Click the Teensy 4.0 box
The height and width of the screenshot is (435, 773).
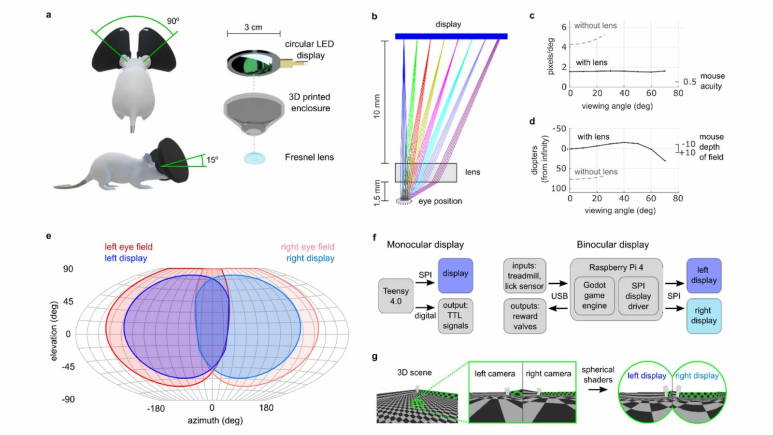click(396, 296)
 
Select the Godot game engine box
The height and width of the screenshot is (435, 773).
click(594, 295)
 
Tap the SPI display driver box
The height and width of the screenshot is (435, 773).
click(638, 296)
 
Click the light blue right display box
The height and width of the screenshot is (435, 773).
click(703, 316)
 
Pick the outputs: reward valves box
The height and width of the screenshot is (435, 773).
click(525, 316)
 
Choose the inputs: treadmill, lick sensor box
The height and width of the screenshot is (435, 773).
click(524, 275)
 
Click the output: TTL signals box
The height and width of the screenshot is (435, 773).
click(455, 316)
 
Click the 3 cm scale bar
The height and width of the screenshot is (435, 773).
click(254, 33)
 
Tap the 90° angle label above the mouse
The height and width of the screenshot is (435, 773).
click(173, 21)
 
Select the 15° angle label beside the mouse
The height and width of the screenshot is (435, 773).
click(212, 159)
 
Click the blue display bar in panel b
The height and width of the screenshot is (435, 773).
click(451, 36)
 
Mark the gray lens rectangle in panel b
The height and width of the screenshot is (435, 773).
click(426, 173)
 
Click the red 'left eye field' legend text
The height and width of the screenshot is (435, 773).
click(129, 246)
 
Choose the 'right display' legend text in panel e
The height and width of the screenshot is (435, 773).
click(310, 258)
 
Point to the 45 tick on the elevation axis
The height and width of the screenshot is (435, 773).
click(68, 301)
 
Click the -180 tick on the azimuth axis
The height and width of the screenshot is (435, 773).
click(156, 408)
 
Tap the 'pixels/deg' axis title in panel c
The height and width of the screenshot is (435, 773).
click(550, 57)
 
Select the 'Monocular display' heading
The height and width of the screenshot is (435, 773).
click(425, 245)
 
